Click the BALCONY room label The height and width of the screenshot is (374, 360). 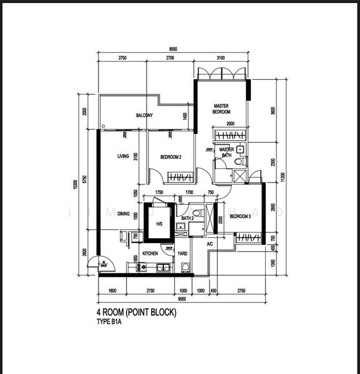tap(145, 115)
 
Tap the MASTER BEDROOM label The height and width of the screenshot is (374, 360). tap(221, 108)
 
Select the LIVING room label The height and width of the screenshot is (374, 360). tap(123, 156)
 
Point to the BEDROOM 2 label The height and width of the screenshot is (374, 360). tap(170, 157)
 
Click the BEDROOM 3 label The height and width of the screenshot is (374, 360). tap(240, 216)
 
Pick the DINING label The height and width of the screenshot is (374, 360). tap(124, 214)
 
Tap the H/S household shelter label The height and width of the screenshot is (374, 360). tap(159, 224)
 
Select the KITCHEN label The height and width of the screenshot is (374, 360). tap(150, 254)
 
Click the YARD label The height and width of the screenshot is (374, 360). tap(182, 254)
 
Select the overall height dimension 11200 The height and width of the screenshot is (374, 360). tap(283, 176)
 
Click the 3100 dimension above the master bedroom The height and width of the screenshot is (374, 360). tap(221, 57)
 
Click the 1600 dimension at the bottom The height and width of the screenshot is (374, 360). tap(112, 290)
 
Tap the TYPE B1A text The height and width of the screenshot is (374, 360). tap(109, 323)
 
